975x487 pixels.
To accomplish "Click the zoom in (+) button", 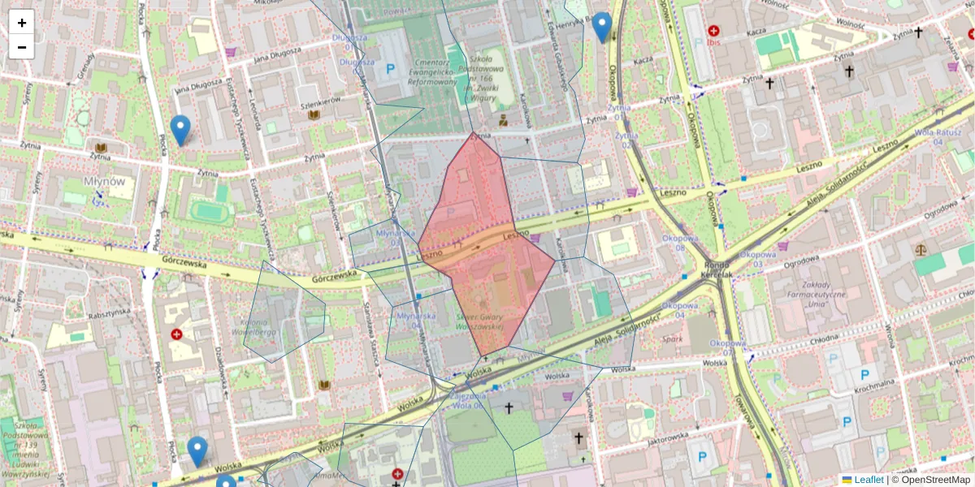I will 22,23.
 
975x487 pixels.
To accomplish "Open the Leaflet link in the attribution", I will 869,480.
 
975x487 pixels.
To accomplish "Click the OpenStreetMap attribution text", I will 930,480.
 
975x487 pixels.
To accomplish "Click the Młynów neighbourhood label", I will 104,181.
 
